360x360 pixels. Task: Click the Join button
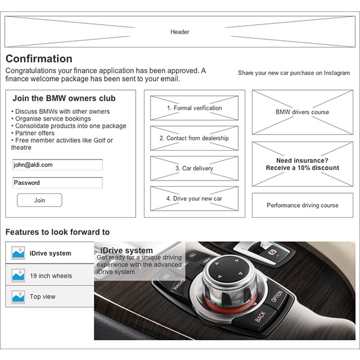point(40,200)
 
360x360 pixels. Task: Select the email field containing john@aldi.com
point(58,164)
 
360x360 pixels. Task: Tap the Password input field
point(58,183)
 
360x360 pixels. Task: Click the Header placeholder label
point(180,32)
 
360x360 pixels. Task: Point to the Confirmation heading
point(39,59)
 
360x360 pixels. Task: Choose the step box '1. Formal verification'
point(194,109)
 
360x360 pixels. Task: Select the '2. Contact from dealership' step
point(194,139)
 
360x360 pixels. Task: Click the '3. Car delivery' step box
point(194,169)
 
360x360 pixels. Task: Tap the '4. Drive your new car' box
point(194,199)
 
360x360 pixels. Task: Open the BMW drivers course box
point(302,112)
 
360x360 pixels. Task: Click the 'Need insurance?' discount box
point(302,164)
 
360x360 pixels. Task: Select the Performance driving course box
point(302,205)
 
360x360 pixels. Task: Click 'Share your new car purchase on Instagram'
point(293,73)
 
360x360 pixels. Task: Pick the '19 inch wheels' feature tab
point(50,276)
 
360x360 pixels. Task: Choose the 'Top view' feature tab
point(50,297)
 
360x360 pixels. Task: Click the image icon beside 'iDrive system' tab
point(18,253)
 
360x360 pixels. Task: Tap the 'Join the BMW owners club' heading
point(64,98)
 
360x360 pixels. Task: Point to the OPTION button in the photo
point(277,296)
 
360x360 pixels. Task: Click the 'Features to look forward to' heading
point(58,232)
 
